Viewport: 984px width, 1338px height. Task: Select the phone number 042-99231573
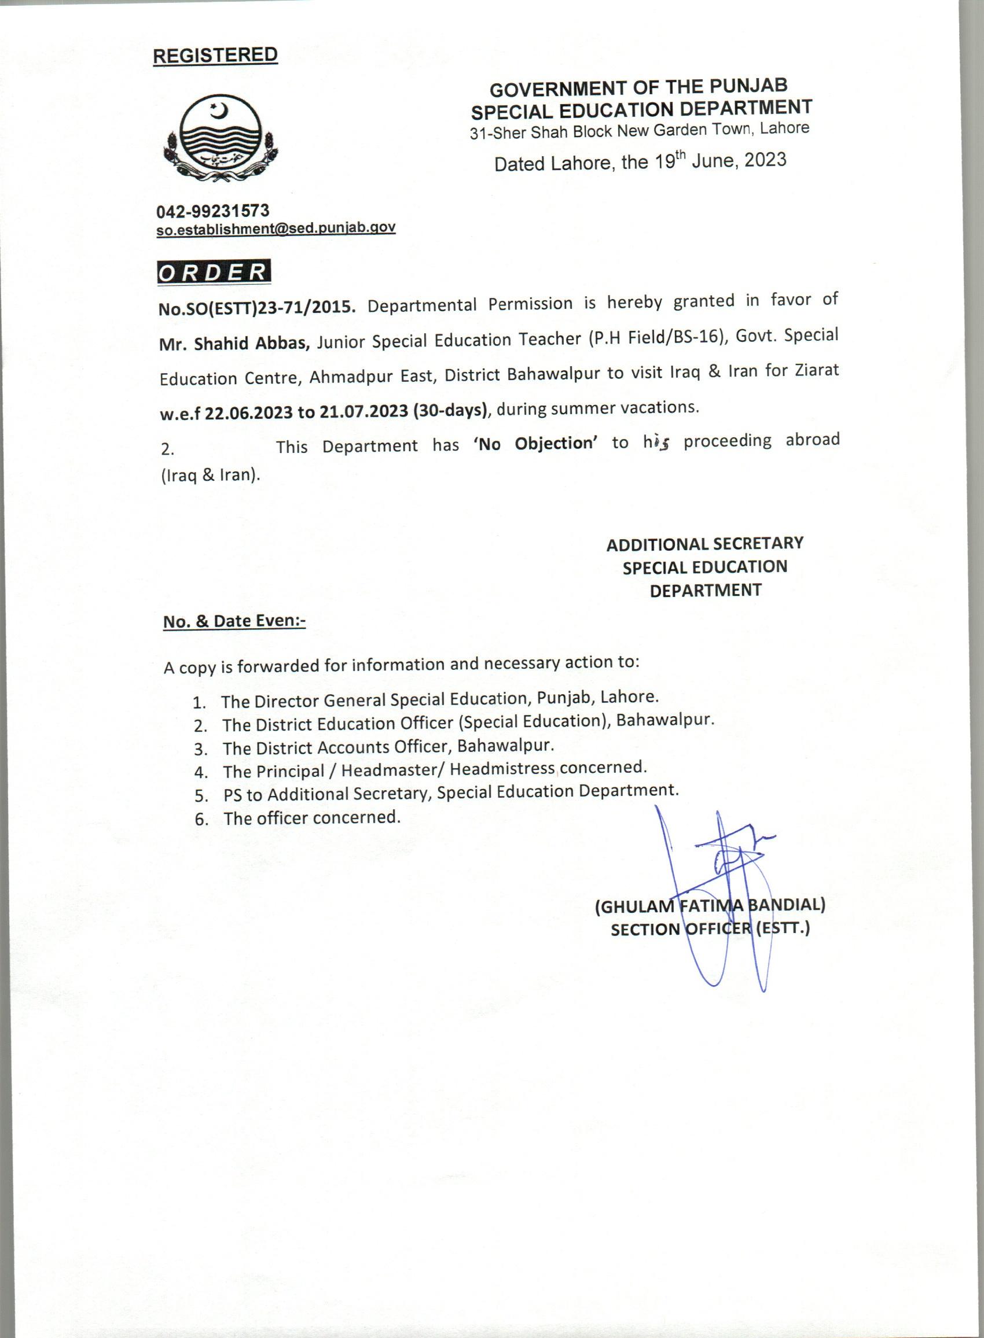(x=212, y=211)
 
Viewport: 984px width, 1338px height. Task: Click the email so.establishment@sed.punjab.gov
(x=276, y=228)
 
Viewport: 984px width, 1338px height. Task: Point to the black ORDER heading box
(x=214, y=272)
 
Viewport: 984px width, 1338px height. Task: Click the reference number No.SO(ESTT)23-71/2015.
(x=257, y=307)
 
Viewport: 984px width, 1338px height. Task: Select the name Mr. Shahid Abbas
(x=234, y=343)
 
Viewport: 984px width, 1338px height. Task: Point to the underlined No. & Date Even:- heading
(x=234, y=621)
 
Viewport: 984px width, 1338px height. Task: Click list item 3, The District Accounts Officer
(x=388, y=746)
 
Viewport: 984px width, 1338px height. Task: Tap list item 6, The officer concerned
(x=311, y=818)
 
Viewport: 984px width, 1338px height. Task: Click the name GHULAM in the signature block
(x=636, y=906)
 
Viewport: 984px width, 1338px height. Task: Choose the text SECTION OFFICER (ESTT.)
(x=710, y=928)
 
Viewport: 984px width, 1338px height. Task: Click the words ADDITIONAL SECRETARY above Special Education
(x=704, y=543)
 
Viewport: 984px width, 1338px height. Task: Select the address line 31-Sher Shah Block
(x=639, y=130)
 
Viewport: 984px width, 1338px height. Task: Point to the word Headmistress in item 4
(x=502, y=769)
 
